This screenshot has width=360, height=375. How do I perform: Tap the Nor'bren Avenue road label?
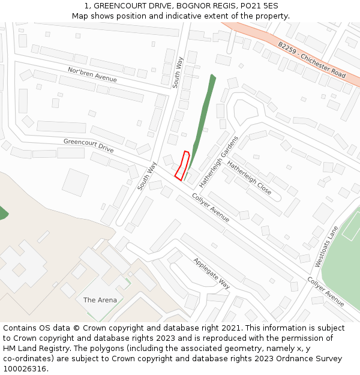tap(92, 75)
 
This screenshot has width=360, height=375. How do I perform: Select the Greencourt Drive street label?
tap(88, 145)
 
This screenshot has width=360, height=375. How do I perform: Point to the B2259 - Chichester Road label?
tap(311, 59)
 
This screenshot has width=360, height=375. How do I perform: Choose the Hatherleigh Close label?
tap(249, 178)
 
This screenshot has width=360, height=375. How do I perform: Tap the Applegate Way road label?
tap(211, 273)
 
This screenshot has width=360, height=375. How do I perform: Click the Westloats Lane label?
tap(326, 246)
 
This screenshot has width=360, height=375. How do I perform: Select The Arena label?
tap(100, 300)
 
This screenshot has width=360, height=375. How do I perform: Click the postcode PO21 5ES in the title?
tap(259, 6)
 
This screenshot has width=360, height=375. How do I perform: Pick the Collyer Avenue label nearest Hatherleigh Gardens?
tap(211, 208)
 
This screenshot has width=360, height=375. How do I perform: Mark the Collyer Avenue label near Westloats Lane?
tap(326, 292)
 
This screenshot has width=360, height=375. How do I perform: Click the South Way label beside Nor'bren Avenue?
tap(178, 72)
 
